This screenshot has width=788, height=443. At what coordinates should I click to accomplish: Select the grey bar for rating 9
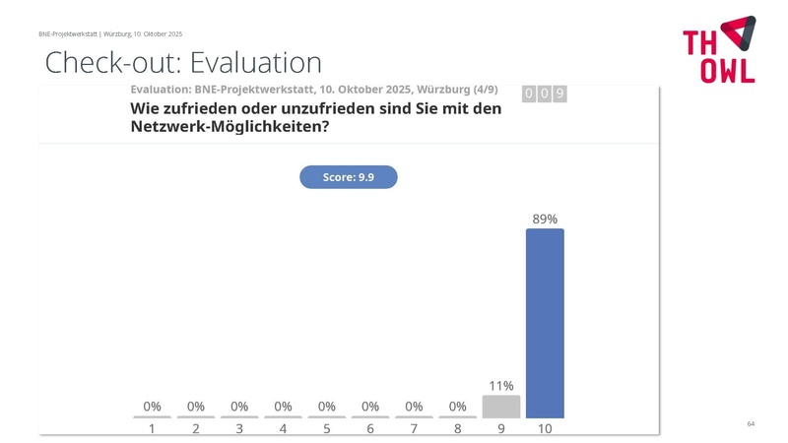click(x=501, y=407)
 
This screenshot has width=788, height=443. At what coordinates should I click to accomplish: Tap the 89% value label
click(x=545, y=219)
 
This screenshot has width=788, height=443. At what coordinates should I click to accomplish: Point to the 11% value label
click(x=501, y=386)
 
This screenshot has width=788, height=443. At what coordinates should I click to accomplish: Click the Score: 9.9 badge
click(x=348, y=177)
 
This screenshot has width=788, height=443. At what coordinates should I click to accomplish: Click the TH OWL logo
click(x=719, y=49)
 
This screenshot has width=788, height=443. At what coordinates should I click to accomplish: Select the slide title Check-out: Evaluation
click(x=183, y=63)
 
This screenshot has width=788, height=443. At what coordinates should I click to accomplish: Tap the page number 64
click(x=751, y=423)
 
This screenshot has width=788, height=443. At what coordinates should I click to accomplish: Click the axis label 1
click(x=152, y=429)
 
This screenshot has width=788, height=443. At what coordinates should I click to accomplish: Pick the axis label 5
click(x=327, y=429)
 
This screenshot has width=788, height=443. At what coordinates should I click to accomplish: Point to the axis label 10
click(x=545, y=429)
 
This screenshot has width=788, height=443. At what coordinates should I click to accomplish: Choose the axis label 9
click(x=501, y=429)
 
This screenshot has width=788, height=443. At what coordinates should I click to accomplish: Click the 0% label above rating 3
click(x=239, y=406)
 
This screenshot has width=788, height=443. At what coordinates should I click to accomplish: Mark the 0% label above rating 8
click(x=457, y=406)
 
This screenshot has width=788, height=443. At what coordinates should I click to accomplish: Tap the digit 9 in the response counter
click(x=559, y=94)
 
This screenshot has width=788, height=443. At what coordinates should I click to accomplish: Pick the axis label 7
click(x=414, y=429)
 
